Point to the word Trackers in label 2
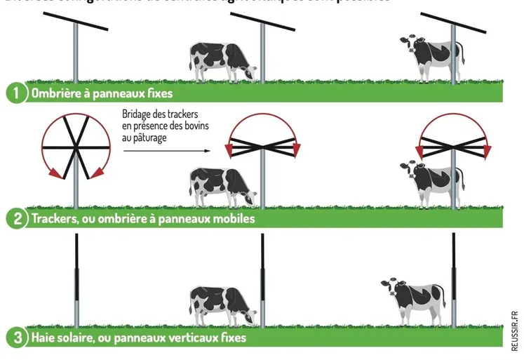[54, 218]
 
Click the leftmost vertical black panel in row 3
[76, 260]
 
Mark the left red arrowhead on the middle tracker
[229, 149]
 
